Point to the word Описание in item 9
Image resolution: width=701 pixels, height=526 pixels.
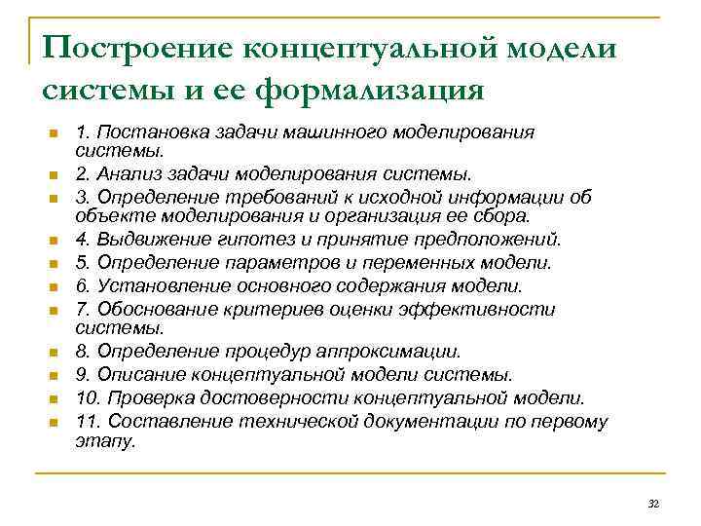click(132, 375)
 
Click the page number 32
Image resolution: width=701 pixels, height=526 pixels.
click(653, 503)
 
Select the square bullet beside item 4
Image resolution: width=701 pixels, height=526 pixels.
click(55, 241)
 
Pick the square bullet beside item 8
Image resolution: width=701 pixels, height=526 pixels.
click(55, 353)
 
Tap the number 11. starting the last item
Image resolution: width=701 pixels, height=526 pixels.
click(89, 421)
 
